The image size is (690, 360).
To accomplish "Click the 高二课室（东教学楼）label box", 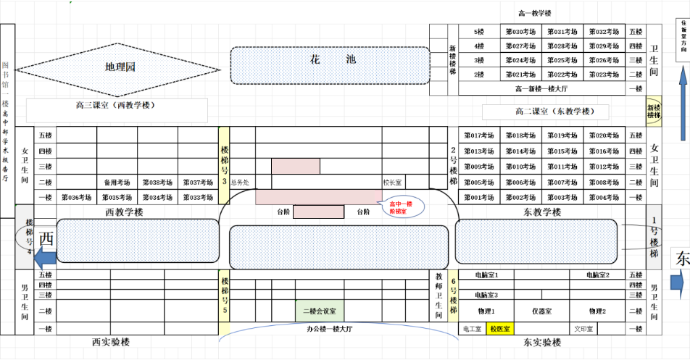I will tap(554, 112).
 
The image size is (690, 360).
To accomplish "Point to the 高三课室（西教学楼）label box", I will tap(116, 106).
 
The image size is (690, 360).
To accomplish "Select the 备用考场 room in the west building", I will tap(116, 183).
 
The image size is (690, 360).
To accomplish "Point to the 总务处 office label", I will tap(240, 183).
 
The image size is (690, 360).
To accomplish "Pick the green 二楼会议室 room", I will tap(320, 311).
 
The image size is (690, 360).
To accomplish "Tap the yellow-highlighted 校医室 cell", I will tap(500, 329).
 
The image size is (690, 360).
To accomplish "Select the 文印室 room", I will tap(584, 329).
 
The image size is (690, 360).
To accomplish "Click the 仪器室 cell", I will tap(542, 311).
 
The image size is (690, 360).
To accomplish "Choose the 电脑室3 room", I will tap(486, 295).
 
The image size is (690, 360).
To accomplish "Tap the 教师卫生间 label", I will tap(438, 296).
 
